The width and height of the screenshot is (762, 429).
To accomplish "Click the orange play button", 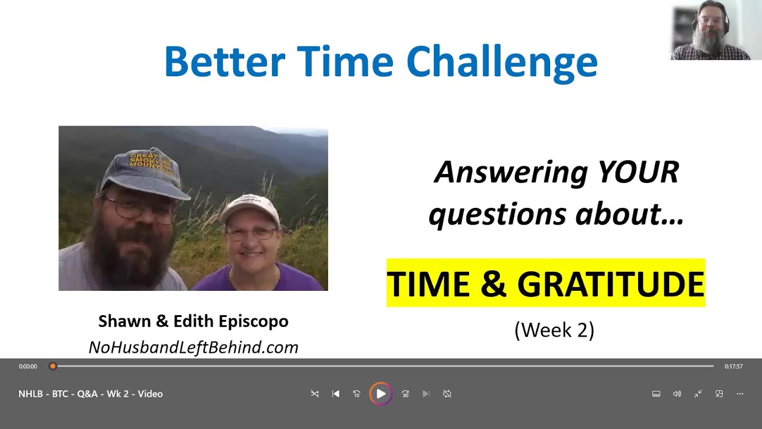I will (x=380, y=394).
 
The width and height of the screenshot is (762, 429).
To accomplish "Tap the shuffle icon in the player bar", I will (x=314, y=394).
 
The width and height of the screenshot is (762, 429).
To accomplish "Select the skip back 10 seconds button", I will (x=357, y=394).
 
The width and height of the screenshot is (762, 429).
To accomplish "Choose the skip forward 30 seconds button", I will (x=405, y=394).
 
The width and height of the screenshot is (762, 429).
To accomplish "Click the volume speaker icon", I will (x=677, y=394).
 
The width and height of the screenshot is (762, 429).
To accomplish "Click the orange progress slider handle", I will (x=52, y=366).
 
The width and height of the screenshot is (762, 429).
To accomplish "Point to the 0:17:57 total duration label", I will (x=733, y=366).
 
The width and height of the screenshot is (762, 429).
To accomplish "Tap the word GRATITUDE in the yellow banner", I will (x=611, y=284).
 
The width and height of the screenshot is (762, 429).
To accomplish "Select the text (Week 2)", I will (x=554, y=330).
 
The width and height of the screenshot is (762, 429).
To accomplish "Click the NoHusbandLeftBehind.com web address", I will (x=193, y=347).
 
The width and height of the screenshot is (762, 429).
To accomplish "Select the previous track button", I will (x=336, y=394).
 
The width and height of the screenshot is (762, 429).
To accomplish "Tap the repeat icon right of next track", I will (x=447, y=394).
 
